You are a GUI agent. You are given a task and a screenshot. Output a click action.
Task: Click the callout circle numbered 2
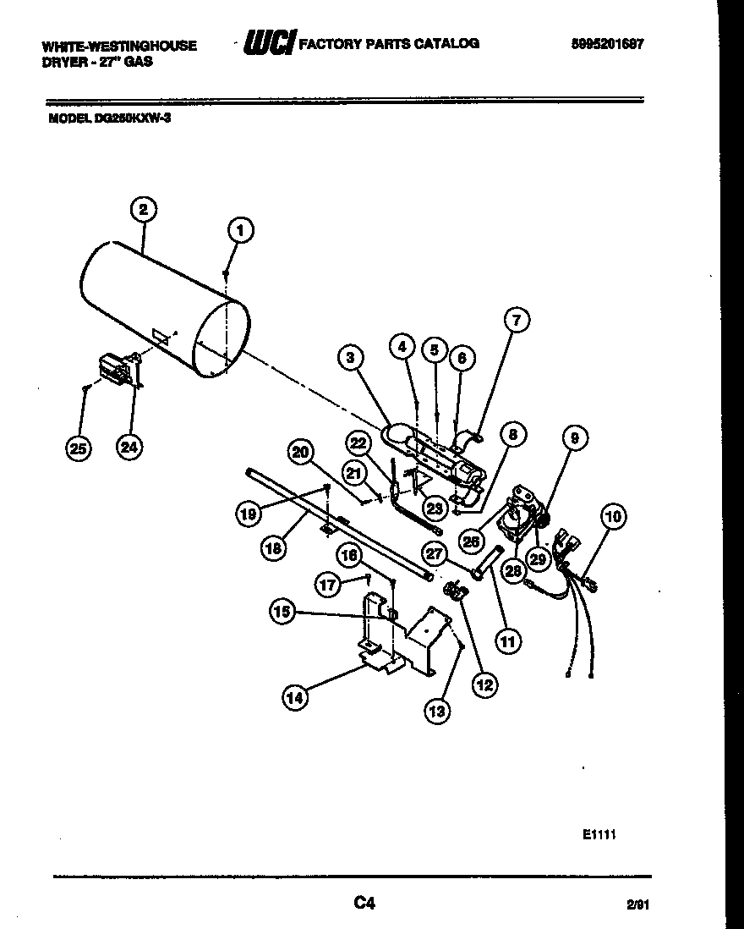point(144,210)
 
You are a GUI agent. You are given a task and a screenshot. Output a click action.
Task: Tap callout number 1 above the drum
point(240,230)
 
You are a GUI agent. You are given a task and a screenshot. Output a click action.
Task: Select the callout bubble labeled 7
point(517,320)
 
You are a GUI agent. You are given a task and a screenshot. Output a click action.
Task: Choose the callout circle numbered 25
point(79,448)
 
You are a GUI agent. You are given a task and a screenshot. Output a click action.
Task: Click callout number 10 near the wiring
point(613,515)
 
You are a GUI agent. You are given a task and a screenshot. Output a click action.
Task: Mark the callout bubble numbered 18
point(273,547)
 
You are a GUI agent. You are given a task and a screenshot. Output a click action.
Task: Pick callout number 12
point(484,685)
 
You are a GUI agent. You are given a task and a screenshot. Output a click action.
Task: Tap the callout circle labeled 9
point(575,438)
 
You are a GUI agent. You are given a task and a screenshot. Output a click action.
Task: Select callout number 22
point(358,443)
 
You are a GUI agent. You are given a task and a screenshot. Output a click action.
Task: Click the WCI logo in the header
point(268,43)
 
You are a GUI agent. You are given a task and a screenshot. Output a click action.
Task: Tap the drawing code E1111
point(598,834)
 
